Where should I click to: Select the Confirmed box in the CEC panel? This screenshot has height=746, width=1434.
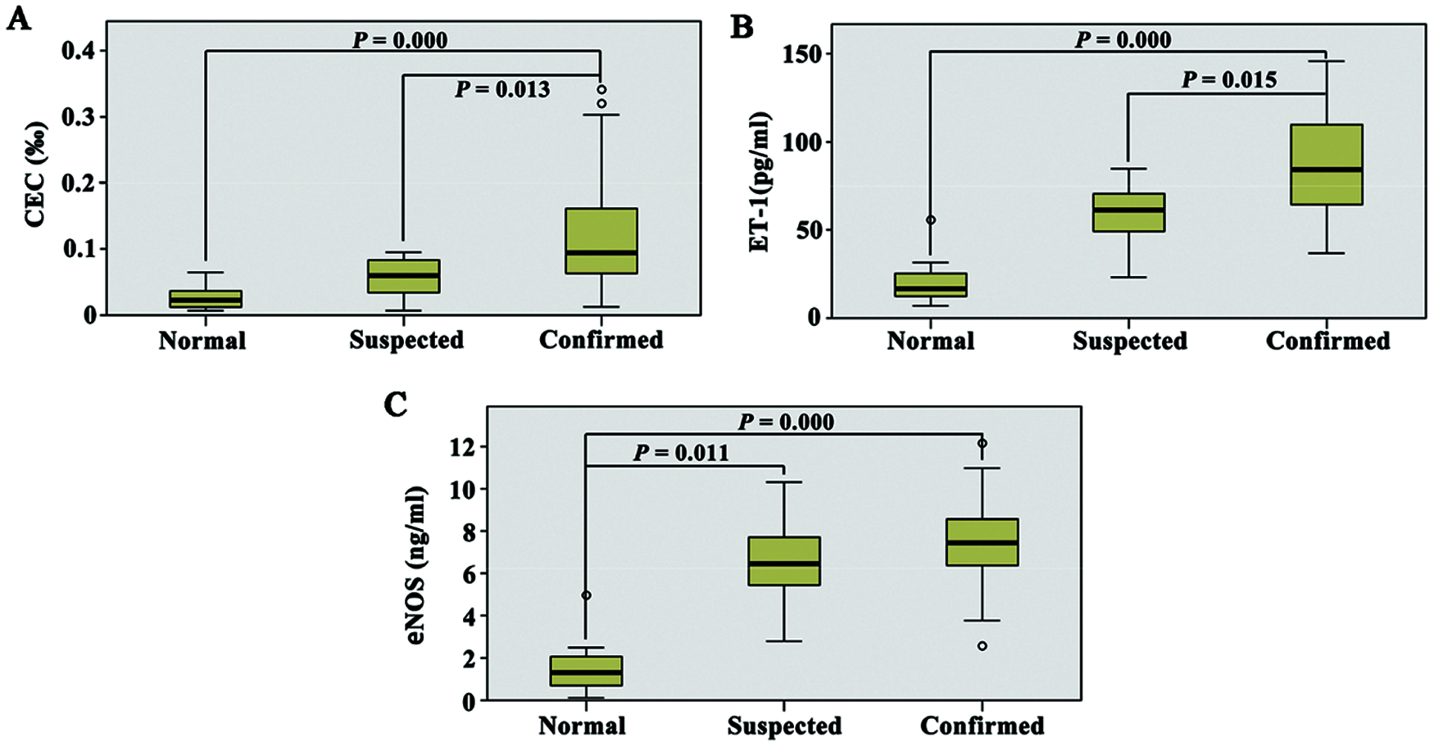click(601, 241)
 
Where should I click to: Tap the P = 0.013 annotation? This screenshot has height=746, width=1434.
click(502, 89)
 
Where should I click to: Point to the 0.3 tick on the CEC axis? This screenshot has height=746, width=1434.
click(79, 117)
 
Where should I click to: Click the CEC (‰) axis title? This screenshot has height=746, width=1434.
click(35, 174)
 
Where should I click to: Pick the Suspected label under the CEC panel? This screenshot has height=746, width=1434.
click(406, 340)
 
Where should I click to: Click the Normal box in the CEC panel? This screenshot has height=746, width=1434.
click(206, 299)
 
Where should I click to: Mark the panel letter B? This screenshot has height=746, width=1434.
click(741, 27)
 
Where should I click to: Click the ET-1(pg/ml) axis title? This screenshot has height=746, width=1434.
click(760, 181)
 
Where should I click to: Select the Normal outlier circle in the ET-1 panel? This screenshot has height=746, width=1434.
click(931, 220)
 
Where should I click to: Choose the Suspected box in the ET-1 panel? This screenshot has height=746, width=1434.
click(1128, 213)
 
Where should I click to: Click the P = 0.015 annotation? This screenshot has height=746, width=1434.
click(1229, 80)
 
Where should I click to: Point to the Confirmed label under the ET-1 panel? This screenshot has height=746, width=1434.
click(1327, 341)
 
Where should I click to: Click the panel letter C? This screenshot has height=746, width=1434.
click(396, 405)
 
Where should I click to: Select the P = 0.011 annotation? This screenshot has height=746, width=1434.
click(681, 453)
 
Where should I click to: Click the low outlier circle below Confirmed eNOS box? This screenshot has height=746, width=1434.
click(982, 646)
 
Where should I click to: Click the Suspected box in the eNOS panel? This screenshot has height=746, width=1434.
click(784, 561)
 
